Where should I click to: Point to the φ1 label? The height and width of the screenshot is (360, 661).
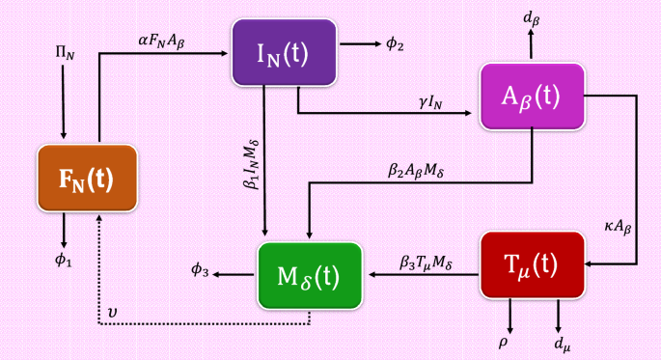pos(64,260)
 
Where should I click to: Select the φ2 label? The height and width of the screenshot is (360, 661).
pos(395,44)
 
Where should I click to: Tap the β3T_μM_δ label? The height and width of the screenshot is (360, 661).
pos(427,262)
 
